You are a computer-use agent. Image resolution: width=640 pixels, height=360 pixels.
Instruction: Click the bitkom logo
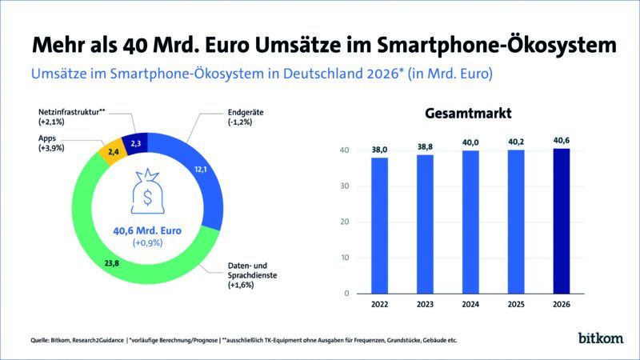click(598, 338)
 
